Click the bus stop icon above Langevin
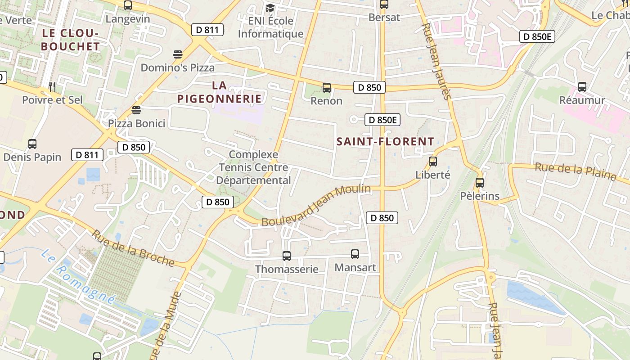pyautogui.click(x=128, y=5)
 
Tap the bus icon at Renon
pyautogui.click(x=327, y=88)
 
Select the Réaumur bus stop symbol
pyautogui.click(x=582, y=87)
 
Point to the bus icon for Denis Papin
pyautogui.click(x=32, y=144)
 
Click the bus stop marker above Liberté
pyautogui.click(x=433, y=161)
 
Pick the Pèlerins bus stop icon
pyautogui.click(x=480, y=183)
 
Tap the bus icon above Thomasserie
pyautogui.click(x=287, y=256)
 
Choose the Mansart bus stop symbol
pyautogui.click(x=355, y=254)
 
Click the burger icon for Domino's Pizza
pyautogui.click(x=178, y=55)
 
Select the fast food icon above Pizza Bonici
pyautogui.click(x=136, y=110)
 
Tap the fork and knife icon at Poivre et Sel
pyautogui.click(x=52, y=86)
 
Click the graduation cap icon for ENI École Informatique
pyautogui.click(x=270, y=8)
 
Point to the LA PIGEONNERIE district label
pyautogui.click(x=219, y=92)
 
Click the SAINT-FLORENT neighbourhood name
pyautogui.click(x=385, y=141)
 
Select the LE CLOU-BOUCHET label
pyautogui.click(x=70, y=40)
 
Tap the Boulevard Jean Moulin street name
pyautogui.click(x=316, y=206)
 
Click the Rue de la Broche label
pyautogui.click(x=133, y=248)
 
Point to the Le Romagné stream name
pyautogui.click(x=78, y=277)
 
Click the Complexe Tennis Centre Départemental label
pyautogui.click(x=254, y=167)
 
